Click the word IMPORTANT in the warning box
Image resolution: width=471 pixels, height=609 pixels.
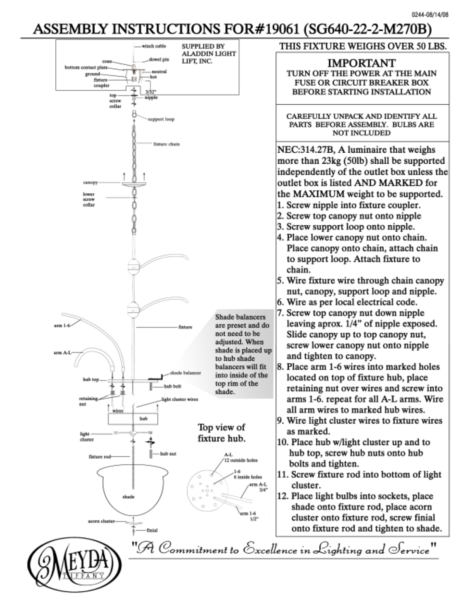click(362, 63)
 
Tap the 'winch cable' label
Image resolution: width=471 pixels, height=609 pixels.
click(153, 46)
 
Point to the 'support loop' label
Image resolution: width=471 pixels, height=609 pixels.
click(161, 119)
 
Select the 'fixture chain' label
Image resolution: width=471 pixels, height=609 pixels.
click(166, 144)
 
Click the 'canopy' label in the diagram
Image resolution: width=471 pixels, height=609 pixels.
click(90, 183)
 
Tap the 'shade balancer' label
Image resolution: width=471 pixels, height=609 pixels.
click(185, 373)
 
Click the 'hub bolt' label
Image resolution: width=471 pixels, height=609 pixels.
click(173, 386)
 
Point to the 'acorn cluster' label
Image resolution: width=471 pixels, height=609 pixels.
click(101, 521)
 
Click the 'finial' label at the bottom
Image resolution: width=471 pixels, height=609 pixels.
click(152, 530)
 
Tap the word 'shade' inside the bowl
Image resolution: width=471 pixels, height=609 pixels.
click(128, 497)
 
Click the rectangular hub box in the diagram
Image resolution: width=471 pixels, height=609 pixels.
click(133, 419)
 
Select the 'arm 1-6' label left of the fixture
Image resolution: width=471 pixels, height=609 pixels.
click(62, 326)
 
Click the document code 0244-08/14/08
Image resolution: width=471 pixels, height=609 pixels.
click(430, 15)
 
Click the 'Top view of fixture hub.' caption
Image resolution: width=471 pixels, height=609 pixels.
click(222, 433)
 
